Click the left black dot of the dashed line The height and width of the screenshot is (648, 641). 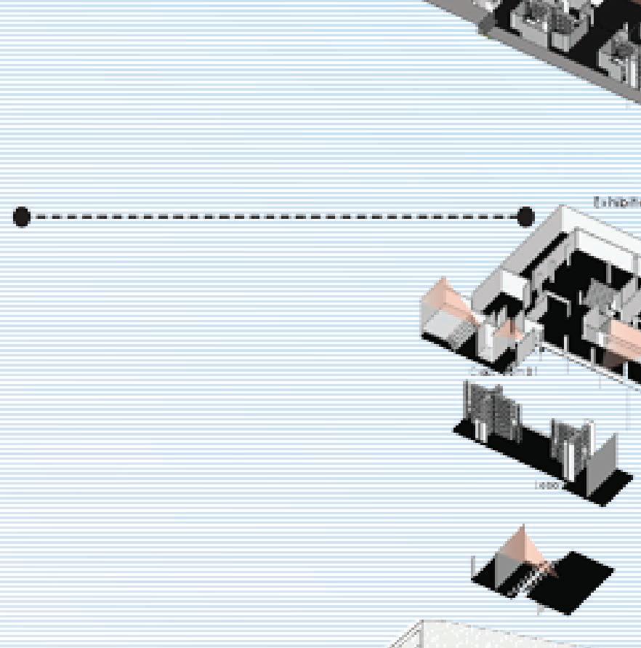[22, 217]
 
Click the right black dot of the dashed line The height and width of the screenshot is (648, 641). [525, 217]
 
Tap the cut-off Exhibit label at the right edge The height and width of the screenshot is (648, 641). [617, 203]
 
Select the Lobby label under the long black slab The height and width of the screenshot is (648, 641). [548, 485]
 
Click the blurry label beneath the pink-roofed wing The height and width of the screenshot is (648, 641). [504, 372]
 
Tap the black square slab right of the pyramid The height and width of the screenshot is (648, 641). [578, 578]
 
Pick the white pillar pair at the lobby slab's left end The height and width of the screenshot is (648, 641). [479, 429]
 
